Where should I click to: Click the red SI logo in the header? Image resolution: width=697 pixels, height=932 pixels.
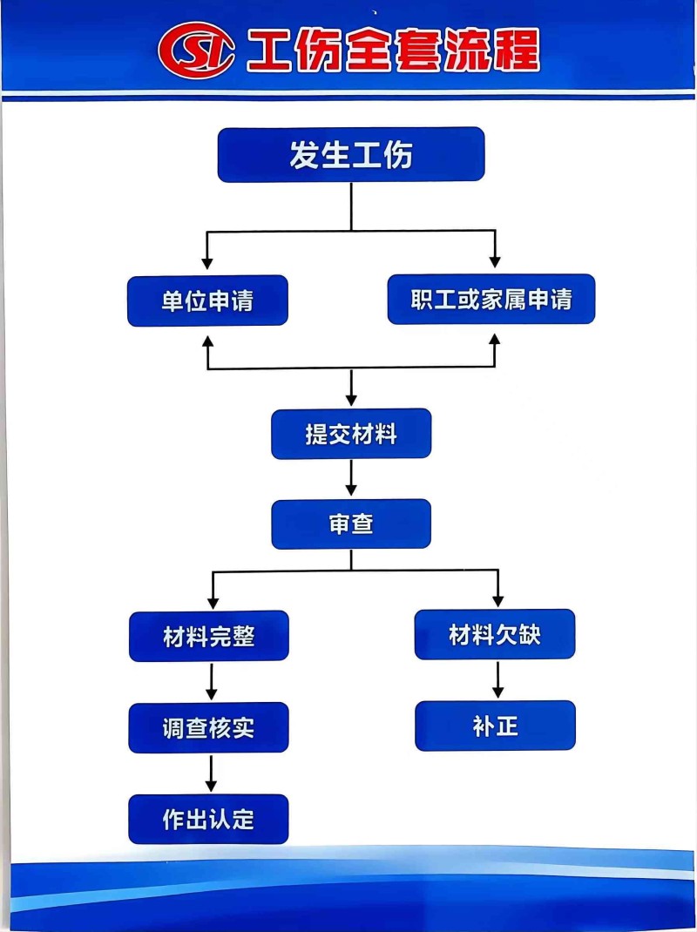197,51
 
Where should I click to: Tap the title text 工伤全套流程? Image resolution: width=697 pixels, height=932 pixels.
393,51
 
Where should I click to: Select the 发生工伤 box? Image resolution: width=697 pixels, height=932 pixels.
350,155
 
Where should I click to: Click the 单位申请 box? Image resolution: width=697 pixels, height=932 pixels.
207,301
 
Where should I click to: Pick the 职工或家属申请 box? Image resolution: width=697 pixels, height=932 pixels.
491,300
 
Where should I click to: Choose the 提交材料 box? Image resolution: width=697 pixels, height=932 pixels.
351,434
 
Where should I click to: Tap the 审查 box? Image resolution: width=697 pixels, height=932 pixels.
351,524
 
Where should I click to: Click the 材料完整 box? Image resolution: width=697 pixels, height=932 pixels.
209,636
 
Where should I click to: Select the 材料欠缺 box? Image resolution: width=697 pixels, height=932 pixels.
495,634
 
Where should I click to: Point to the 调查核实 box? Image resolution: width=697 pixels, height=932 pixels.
209,727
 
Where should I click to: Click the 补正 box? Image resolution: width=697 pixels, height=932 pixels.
495,726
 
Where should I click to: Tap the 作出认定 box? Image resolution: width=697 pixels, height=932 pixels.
209,819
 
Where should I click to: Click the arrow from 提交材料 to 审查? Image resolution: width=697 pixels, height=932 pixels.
351,478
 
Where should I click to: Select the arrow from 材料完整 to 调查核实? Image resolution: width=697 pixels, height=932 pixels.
210,681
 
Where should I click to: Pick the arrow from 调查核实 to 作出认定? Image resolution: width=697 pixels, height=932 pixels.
210,773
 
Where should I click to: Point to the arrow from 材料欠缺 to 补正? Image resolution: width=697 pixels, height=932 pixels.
497,679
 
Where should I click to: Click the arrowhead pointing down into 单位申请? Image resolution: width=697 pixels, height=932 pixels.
207,260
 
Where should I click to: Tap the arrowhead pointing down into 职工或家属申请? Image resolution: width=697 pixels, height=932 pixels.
495,260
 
